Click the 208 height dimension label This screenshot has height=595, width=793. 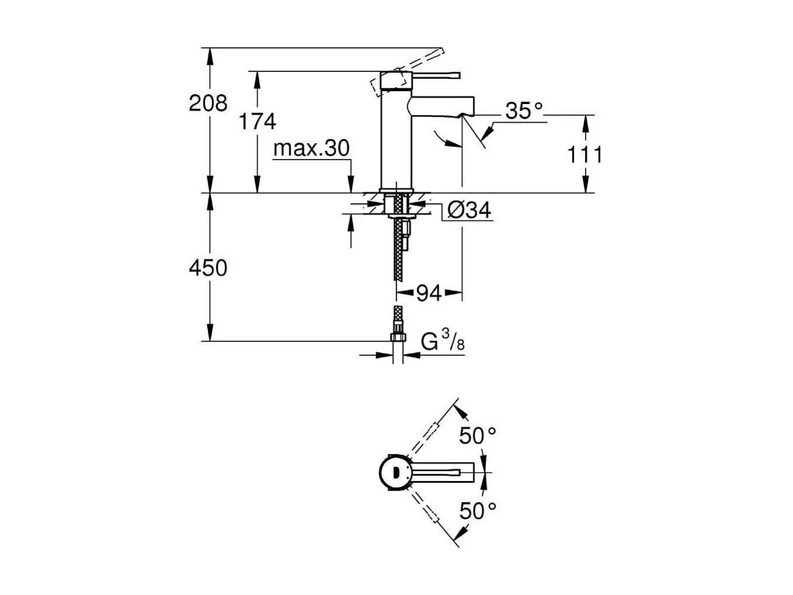[x=208, y=103]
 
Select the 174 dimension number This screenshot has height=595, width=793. [x=258, y=122]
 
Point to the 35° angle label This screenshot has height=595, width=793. [x=523, y=110]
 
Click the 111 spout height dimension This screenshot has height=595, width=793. [x=585, y=155]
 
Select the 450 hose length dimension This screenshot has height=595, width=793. [x=208, y=268]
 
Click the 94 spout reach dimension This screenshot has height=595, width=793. [x=429, y=293]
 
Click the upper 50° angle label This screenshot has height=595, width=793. [x=477, y=435]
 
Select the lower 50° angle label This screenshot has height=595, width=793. [x=477, y=511]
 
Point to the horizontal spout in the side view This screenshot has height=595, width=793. [x=441, y=108]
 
